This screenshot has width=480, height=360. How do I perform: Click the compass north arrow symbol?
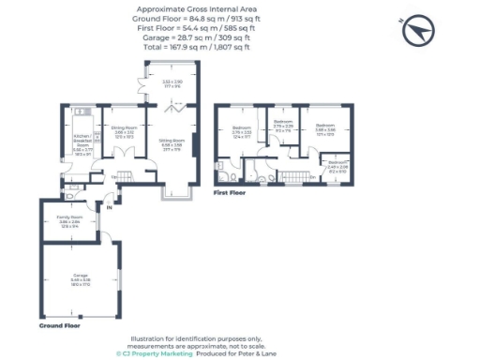pyautogui.click(x=418, y=32)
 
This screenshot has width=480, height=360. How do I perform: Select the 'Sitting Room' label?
pyautogui.click(x=171, y=144)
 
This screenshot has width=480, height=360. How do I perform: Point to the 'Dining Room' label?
pyautogui.click(x=125, y=129)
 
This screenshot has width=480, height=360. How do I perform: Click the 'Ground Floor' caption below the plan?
pyautogui.click(x=58, y=325)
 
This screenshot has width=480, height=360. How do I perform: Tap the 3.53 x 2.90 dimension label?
pyautogui.click(x=172, y=84)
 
